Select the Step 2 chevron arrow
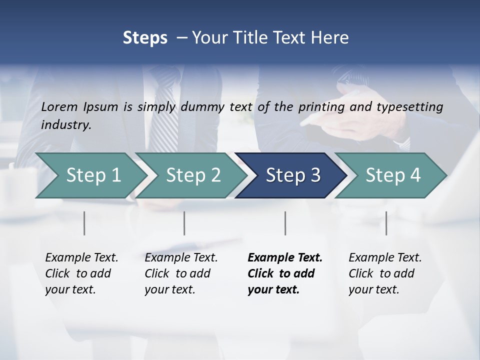click(x=193, y=175)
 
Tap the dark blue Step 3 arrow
click(x=293, y=175)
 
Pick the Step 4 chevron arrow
click(x=393, y=175)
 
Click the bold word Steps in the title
click(x=145, y=38)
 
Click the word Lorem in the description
click(x=59, y=107)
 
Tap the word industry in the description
click(x=66, y=125)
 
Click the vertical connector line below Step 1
click(x=84, y=223)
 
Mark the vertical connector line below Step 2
click(x=184, y=223)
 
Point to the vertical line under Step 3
click(x=285, y=223)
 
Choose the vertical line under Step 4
click(x=386, y=223)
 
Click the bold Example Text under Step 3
click(x=285, y=258)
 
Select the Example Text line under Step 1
click(x=81, y=258)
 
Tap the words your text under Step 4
click(x=373, y=290)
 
